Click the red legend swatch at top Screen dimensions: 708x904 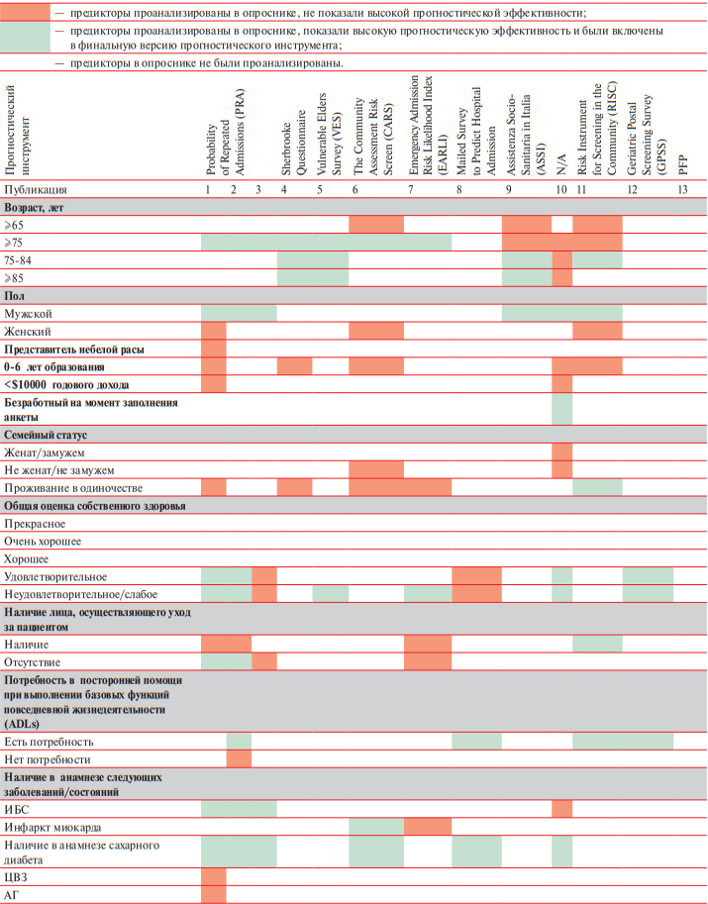25,11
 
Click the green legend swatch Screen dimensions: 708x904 25,38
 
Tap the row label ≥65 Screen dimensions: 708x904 14,226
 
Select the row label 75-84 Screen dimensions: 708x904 18,260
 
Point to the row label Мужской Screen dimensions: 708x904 28,314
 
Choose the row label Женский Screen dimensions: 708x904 27,332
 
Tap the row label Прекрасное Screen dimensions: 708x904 35,524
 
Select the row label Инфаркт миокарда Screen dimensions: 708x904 52,828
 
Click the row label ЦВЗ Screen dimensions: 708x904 16,877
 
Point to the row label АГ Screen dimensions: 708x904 11,895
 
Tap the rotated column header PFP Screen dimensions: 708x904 683,165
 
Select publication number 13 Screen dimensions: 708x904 683,190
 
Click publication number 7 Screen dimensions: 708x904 411,190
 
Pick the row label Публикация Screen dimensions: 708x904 36,190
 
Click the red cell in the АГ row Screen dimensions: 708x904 213,895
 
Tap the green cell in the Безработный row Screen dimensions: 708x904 562,410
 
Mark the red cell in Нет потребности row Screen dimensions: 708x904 239,759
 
